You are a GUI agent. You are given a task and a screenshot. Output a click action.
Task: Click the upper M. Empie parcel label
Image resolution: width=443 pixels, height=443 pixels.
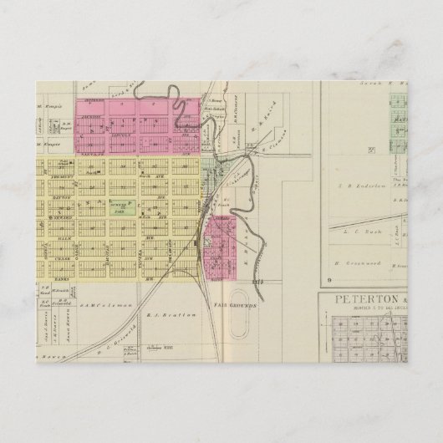point(52,108)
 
